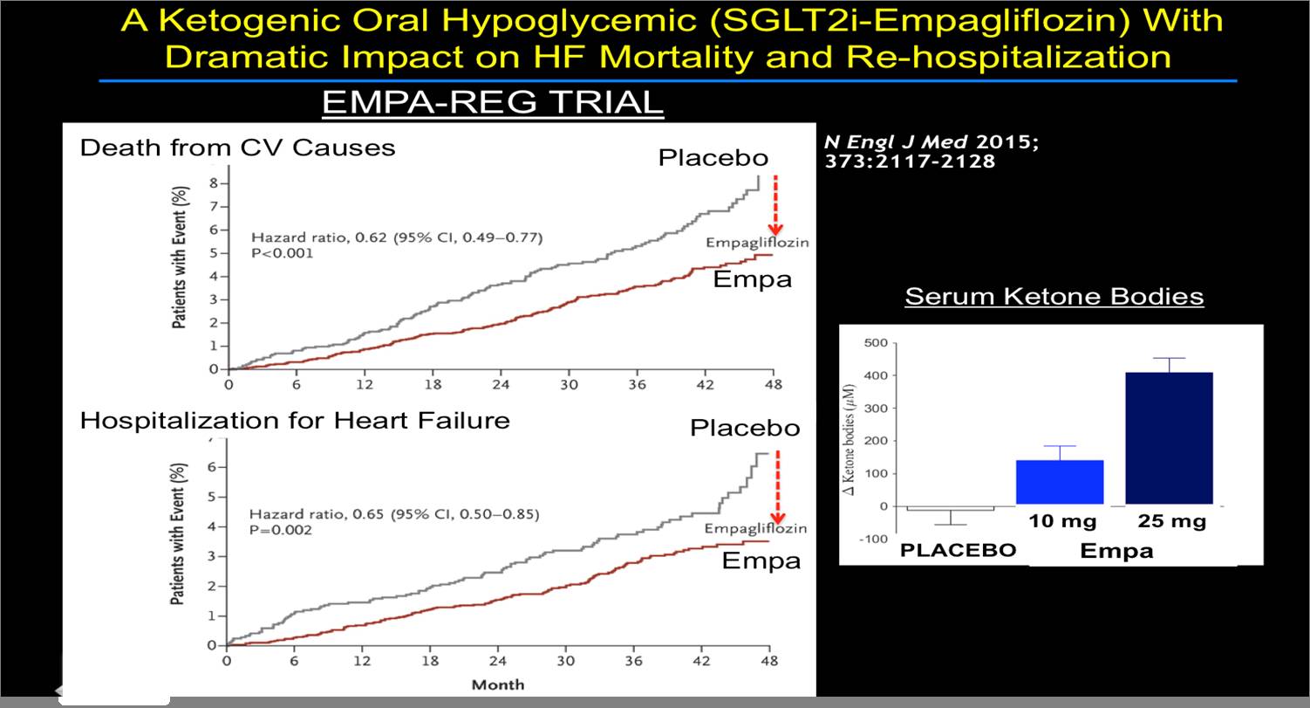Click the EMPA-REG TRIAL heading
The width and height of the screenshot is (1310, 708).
493,102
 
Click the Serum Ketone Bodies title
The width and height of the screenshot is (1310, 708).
1054,297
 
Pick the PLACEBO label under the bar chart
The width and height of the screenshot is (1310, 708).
959,550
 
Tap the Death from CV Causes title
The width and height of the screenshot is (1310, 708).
237,148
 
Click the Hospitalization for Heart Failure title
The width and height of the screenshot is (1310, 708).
295,421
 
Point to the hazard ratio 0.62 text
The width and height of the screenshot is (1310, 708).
395,237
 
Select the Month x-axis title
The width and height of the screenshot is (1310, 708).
498,685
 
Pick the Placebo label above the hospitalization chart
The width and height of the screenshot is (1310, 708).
745,429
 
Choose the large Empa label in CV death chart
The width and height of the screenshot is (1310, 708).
752,279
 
